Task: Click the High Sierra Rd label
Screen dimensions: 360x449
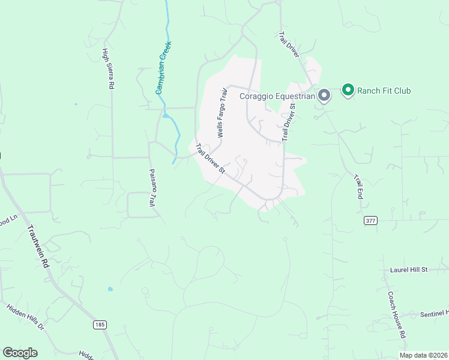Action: click(x=108, y=69)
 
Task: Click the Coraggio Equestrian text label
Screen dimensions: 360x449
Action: click(x=277, y=96)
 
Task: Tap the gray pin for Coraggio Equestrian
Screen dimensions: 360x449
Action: click(x=324, y=95)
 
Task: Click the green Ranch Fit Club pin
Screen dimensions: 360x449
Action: click(x=348, y=90)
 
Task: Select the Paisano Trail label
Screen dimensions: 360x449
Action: click(x=152, y=187)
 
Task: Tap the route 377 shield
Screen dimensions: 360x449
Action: click(x=370, y=221)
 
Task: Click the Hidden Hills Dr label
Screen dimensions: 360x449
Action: click(x=25, y=317)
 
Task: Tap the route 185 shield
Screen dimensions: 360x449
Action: click(x=100, y=325)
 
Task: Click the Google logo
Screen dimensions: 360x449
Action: click(x=20, y=353)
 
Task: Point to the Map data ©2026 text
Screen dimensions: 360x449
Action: click(x=423, y=355)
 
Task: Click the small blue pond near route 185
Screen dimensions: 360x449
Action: click(x=110, y=289)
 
